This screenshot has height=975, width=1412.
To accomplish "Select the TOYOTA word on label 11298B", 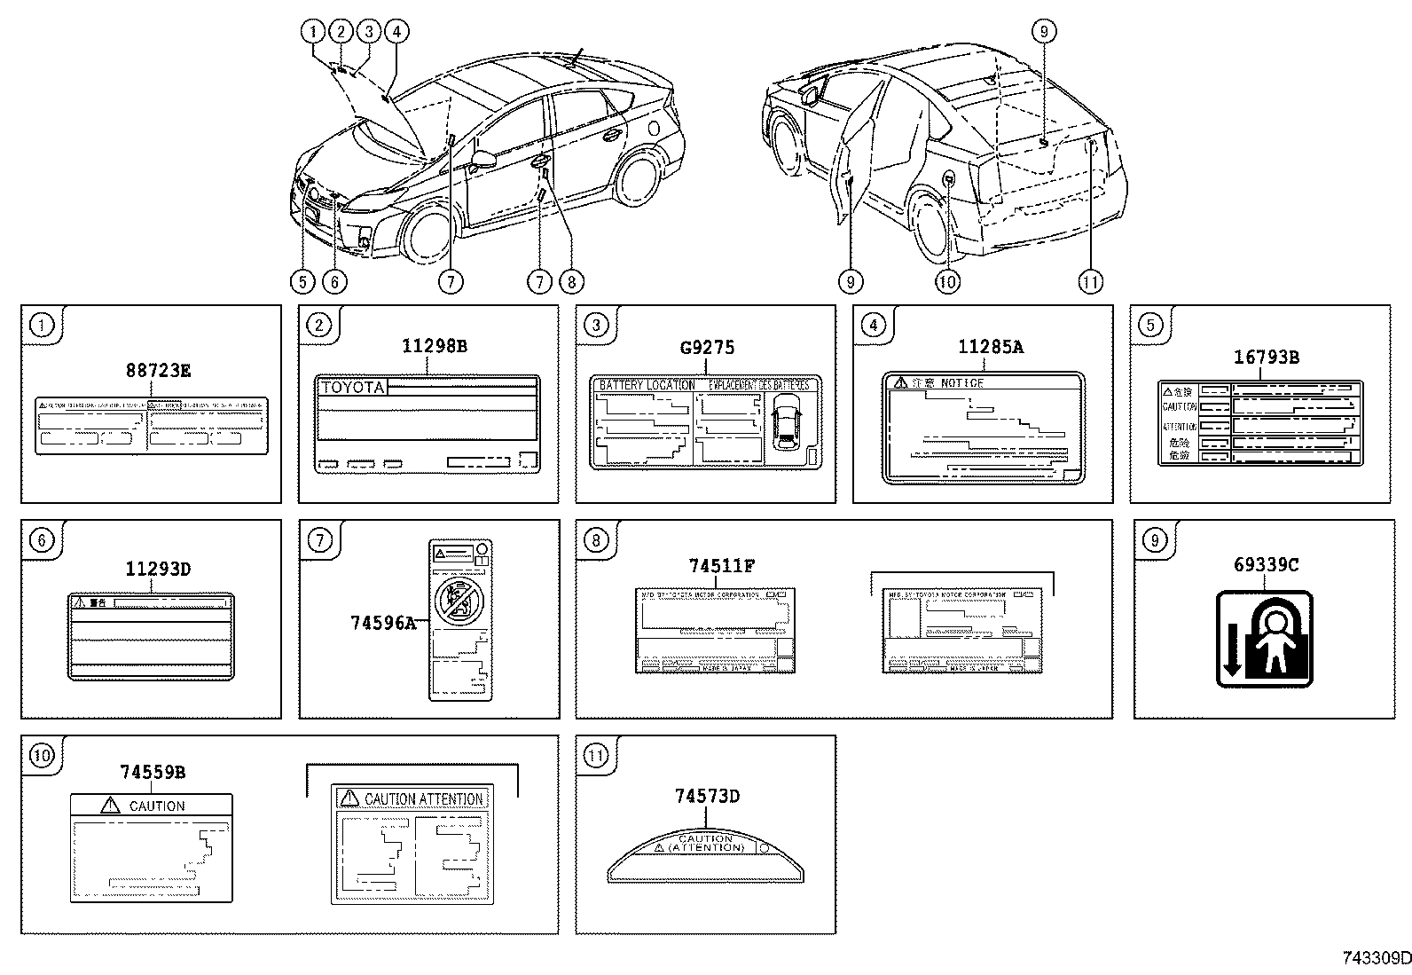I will click(x=352, y=388).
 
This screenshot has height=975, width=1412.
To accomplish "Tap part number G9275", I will click(x=707, y=348).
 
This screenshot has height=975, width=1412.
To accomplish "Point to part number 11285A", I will click(x=990, y=348).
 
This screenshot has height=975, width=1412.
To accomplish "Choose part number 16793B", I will click(x=1266, y=358).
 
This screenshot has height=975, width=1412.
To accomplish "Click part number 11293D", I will click(x=157, y=569).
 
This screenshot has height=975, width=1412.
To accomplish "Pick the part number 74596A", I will click(x=382, y=623).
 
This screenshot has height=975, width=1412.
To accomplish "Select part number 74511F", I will click(x=721, y=565).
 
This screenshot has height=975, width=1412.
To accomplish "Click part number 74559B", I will click(x=153, y=772).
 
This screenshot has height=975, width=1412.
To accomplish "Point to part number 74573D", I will click(x=706, y=796).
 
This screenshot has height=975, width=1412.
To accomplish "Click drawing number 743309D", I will click(x=1374, y=958).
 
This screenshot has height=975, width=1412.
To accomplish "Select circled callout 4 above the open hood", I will click(x=396, y=32).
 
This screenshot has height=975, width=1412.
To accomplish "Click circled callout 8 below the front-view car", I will click(x=570, y=282).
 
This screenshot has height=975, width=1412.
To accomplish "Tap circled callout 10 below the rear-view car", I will click(x=947, y=282).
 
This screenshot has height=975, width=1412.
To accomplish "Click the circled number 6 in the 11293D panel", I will click(x=42, y=540).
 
